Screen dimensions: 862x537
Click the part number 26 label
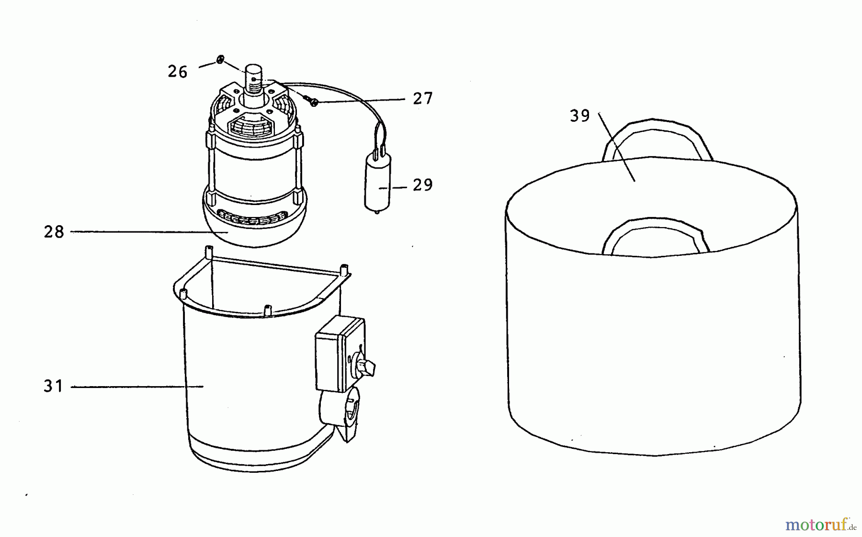[x=177, y=72]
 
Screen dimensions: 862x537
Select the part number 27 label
[x=423, y=99]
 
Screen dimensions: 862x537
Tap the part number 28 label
[x=54, y=232]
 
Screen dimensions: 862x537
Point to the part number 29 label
[x=423, y=185]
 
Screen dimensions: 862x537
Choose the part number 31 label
[x=53, y=386]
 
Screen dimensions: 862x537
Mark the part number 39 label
[x=580, y=116]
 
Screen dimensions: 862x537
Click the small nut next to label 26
[x=220, y=60]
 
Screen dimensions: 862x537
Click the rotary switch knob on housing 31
[x=365, y=366]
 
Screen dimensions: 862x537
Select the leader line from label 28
[x=149, y=232]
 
